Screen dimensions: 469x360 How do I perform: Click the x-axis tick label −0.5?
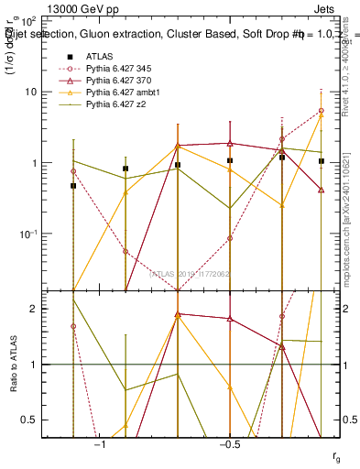(229, 444)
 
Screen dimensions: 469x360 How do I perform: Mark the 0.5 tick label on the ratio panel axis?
(29, 420)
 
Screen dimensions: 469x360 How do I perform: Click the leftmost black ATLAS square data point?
(73, 186)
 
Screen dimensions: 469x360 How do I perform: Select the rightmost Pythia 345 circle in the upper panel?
(321, 110)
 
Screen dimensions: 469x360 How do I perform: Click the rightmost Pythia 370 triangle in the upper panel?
(321, 190)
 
